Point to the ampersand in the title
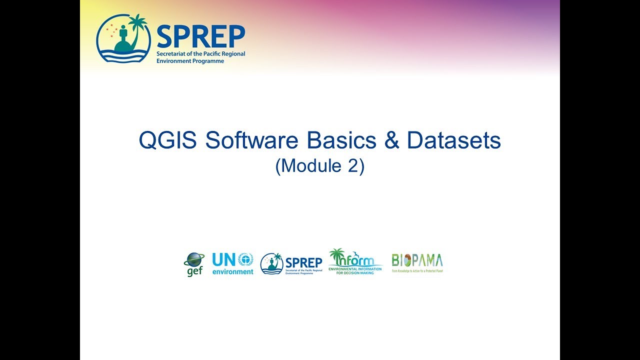coord(392,141)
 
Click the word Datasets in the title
coord(454,141)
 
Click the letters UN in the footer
coord(223,260)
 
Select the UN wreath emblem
coord(245,259)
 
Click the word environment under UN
coord(232,272)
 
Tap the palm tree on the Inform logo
coord(337,254)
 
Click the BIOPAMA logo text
coord(417,260)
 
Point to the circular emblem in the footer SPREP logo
coord(271,263)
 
